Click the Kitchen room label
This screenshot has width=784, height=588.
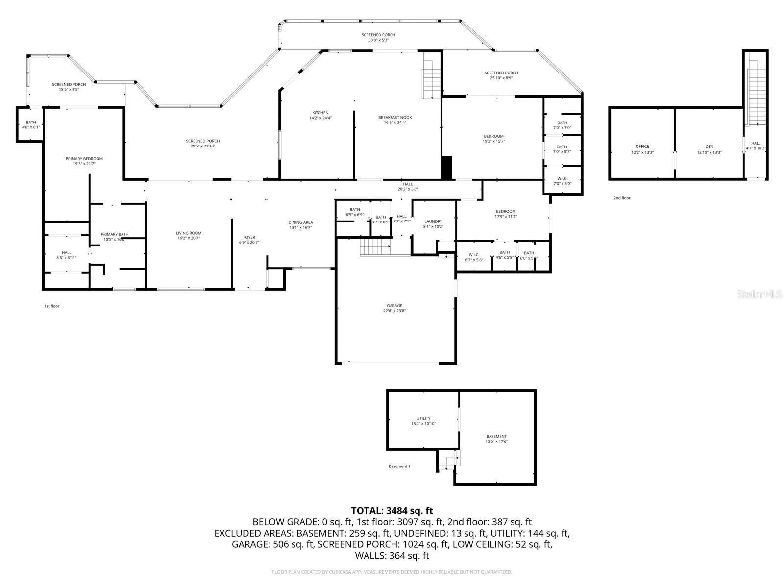pyautogui.click(x=320, y=113)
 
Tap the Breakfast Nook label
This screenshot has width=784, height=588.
pyautogui.click(x=394, y=117)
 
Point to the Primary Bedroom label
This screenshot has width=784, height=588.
pyautogui.click(x=84, y=159)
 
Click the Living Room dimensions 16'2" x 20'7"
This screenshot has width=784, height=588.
pyautogui.click(x=189, y=238)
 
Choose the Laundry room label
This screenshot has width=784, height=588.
pyautogui.click(x=433, y=221)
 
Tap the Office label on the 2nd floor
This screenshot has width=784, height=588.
pyautogui.click(x=642, y=146)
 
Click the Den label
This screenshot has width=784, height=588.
pyautogui.click(x=709, y=146)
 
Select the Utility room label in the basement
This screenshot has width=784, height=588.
pyautogui.click(x=423, y=418)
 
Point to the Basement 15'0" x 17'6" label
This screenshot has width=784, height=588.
pyautogui.click(x=496, y=439)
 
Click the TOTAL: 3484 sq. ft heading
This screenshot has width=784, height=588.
pyautogui.click(x=392, y=511)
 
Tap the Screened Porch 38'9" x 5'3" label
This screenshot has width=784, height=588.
pyautogui.click(x=378, y=37)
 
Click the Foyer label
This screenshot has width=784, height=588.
pyautogui.click(x=249, y=237)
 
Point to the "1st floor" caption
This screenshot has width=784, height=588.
pyautogui.click(x=51, y=306)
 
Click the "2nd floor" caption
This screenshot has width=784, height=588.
pyautogui.click(x=622, y=198)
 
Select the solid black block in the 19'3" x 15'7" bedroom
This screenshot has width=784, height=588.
pyautogui.click(x=446, y=168)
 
